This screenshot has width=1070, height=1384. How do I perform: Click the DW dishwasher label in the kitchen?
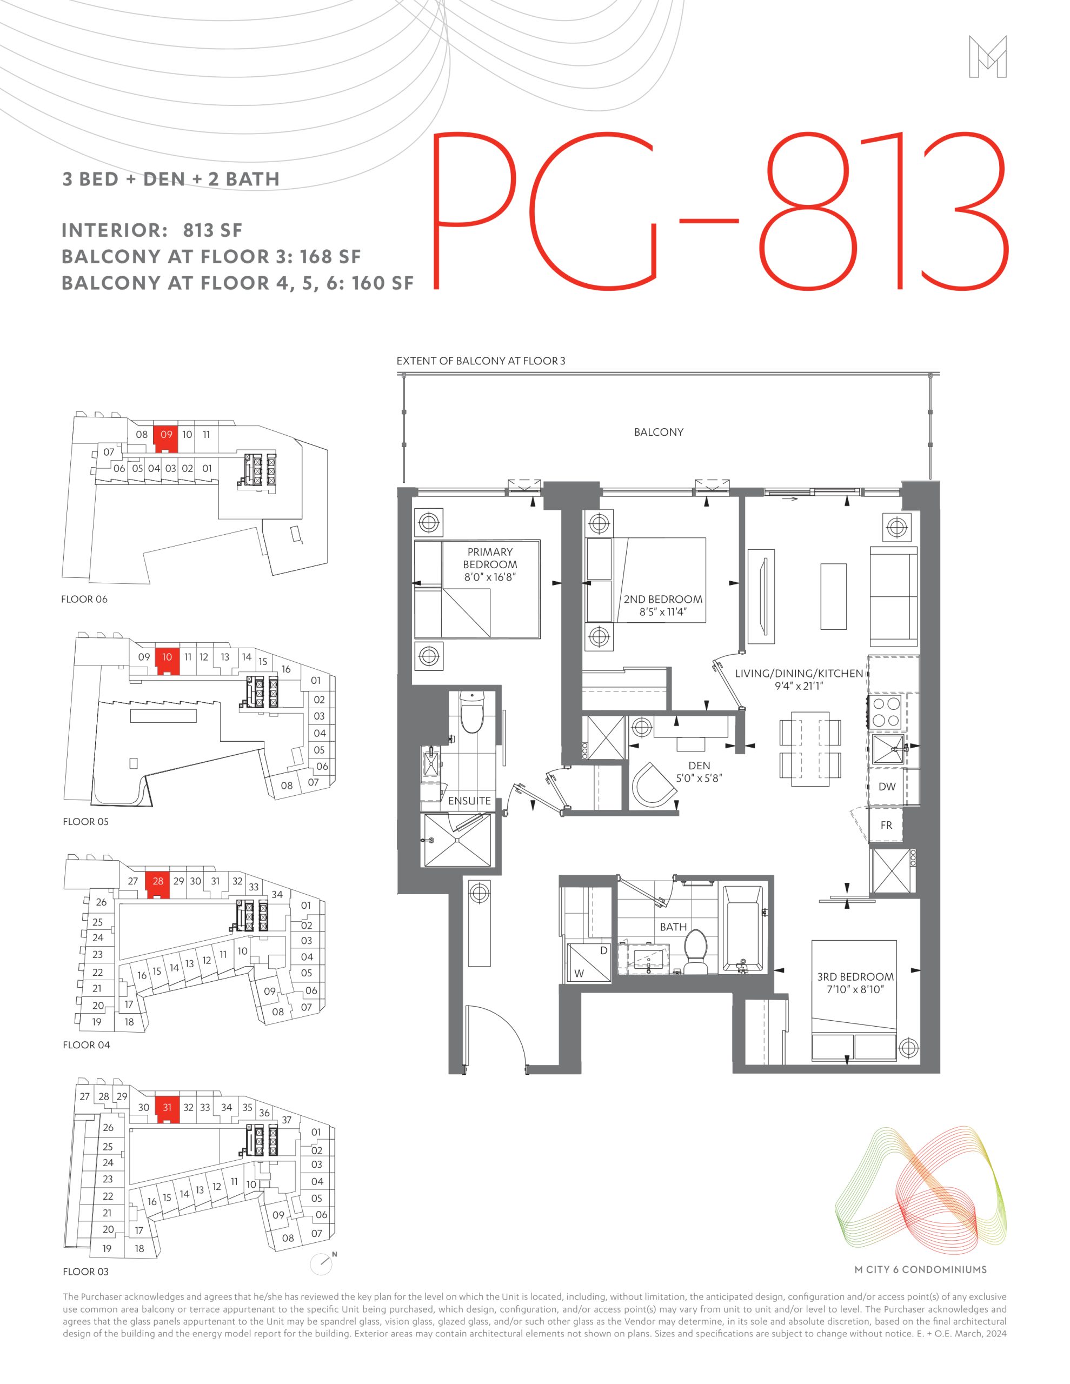pyautogui.click(x=886, y=787)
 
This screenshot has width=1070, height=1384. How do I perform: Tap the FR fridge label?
pyautogui.click(x=886, y=825)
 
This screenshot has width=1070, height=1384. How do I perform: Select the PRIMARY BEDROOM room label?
pyautogui.click(x=490, y=558)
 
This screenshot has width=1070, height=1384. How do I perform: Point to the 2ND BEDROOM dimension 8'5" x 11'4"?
pyautogui.click(x=663, y=612)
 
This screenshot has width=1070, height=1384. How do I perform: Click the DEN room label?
pyautogui.click(x=699, y=766)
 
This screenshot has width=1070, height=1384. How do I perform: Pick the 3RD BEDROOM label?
pyautogui.click(x=855, y=976)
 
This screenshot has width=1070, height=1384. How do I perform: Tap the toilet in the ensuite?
pyautogui.click(x=471, y=711)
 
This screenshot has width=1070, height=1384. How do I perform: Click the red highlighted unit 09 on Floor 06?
pyautogui.click(x=166, y=437)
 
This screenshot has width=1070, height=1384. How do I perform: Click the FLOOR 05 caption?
pyautogui.click(x=85, y=821)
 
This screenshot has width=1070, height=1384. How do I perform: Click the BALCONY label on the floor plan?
pyautogui.click(x=659, y=432)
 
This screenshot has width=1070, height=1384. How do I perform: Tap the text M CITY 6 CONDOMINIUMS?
pyautogui.click(x=920, y=1269)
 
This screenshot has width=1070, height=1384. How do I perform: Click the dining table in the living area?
pyautogui.click(x=810, y=748)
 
